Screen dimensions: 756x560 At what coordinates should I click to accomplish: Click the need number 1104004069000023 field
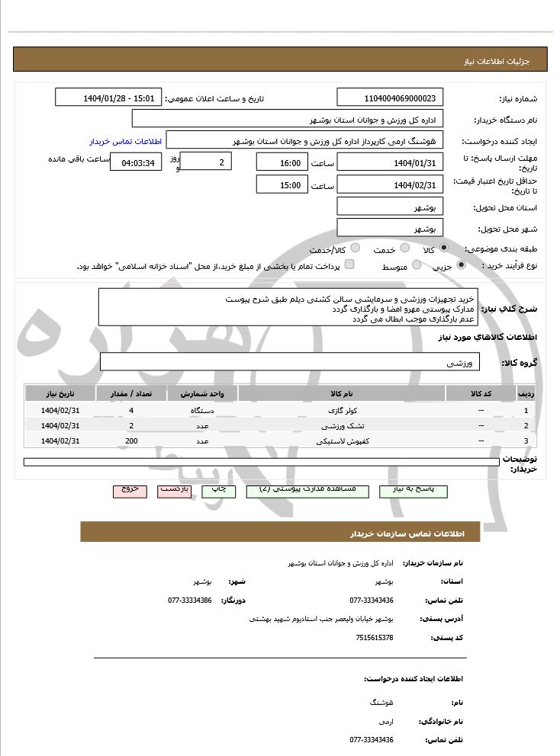[x=390, y=98]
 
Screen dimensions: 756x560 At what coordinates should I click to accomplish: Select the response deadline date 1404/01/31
[x=390, y=162]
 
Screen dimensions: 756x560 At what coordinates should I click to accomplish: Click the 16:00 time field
[x=282, y=162]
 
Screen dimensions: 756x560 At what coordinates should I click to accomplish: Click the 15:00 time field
[x=282, y=184]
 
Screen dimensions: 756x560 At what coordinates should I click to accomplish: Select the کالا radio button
[x=444, y=248]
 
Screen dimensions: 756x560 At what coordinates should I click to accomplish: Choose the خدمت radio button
[x=405, y=248]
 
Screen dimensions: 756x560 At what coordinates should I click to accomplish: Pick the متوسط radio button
[x=417, y=265]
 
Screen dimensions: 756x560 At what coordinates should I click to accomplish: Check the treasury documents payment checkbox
[x=349, y=264]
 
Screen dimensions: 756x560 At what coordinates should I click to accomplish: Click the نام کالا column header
[x=341, y=393]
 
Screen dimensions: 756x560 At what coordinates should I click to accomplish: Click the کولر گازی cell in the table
[x=341, y=410]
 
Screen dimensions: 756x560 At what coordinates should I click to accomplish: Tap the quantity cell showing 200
[x=131, y=440]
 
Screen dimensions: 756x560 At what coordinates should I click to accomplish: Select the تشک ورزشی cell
[x=341, y=425]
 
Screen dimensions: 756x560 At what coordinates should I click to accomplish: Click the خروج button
[x=129, y=490]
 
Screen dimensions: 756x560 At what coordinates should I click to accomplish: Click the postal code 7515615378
[x=375, y=637]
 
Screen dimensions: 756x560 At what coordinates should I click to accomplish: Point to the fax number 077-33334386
[x=190, y=600]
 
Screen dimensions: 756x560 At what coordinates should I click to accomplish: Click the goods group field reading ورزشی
[x=289, y=363]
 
